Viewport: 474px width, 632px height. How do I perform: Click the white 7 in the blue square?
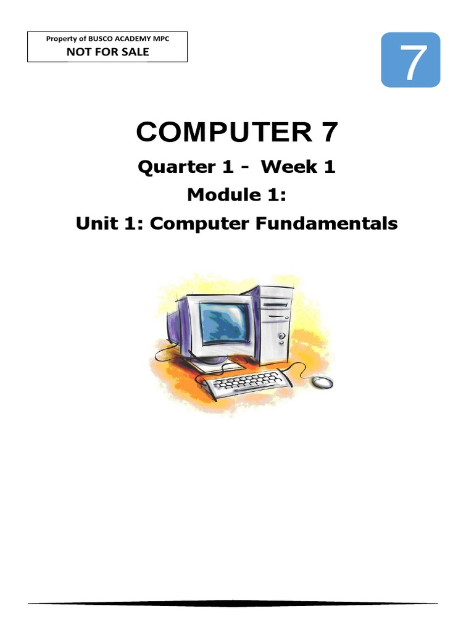(410, 60)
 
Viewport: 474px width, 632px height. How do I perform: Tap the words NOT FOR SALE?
(107, 51)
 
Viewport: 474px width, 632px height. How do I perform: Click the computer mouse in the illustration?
(322, 383)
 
